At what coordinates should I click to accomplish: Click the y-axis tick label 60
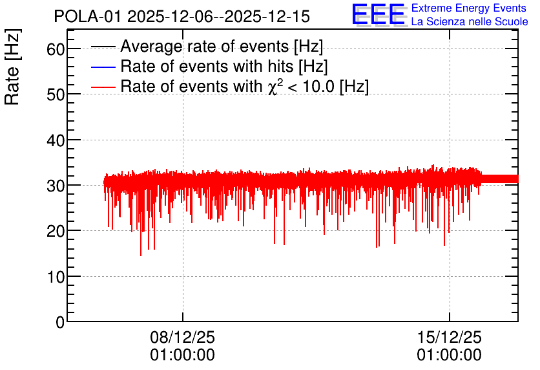(56, 49)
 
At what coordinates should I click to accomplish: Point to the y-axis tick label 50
(56, 95)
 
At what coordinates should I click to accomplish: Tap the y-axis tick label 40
(56, 140)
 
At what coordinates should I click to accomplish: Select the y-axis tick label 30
(56, 186)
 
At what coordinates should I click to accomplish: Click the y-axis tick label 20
(56, 232)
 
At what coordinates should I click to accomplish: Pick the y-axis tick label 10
(56, 277)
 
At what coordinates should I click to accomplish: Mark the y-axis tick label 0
(60, 322)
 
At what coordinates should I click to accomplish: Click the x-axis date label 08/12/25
(183, 337)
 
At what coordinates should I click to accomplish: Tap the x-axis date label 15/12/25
(450, 337)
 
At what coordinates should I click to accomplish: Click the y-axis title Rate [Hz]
(12, 67)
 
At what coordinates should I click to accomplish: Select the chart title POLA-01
(87, 17)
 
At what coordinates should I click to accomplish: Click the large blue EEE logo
(379, 14)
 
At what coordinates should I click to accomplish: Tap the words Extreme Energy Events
(469, 8)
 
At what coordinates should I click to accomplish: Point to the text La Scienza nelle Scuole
(470, 21)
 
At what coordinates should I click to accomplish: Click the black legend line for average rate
(103, 47)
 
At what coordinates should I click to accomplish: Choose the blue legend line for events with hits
(103, 67)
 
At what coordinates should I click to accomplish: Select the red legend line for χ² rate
(103, 87)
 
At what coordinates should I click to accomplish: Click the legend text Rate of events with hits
(224, 67)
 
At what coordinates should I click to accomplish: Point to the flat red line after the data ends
(500, 179)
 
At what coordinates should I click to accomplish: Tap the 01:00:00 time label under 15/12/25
(450, 355)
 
